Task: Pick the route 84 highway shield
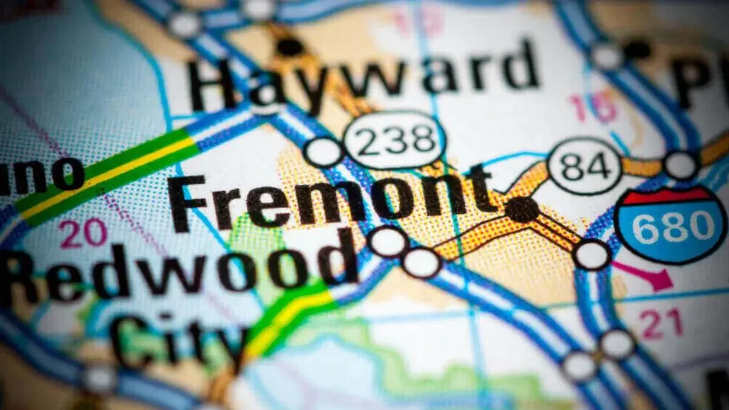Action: point(584,165)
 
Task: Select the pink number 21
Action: point(661,323)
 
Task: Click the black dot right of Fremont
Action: point(522,209)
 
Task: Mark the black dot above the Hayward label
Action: point(290,46)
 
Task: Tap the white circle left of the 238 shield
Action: point(324,152)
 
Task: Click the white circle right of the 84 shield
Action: point(680,165)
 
